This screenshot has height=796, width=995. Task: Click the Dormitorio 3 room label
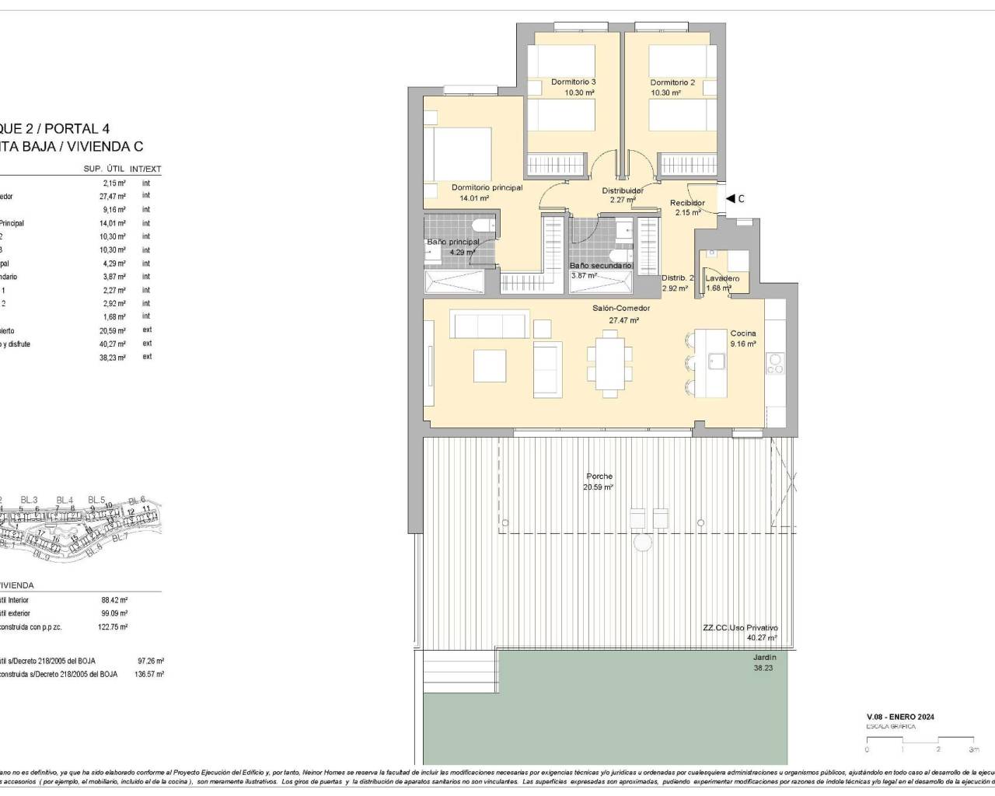tap(573, 82)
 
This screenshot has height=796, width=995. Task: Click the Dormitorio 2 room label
tap(672, 82)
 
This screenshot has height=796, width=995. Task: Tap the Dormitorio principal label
tap(487, 187)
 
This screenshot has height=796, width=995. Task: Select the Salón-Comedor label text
tap(621, 309)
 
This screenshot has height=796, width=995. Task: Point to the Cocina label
tap(742, 333)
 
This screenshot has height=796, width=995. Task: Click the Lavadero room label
tap(722, 278)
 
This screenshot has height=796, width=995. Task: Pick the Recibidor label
tap(687, 203)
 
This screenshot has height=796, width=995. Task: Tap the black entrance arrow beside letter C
tap(730, 199)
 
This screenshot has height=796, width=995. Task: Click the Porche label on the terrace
tap(599, 477)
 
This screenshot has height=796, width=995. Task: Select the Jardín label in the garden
tap(764, 658)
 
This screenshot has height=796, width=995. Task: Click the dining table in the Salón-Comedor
tap(609, 361)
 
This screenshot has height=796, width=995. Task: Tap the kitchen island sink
tap(716, 361)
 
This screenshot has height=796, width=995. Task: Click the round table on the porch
tap(643, 542)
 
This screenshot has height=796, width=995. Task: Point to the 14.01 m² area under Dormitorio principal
tap(473, 198)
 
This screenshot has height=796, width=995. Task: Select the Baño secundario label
tap(601, 266)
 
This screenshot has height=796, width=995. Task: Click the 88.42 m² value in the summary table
tap(114, 600)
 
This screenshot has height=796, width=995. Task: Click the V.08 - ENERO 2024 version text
tap(900, 717)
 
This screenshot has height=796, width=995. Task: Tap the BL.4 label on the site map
tap(65, 500)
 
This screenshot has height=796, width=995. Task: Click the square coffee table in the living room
tap(490, 365)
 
